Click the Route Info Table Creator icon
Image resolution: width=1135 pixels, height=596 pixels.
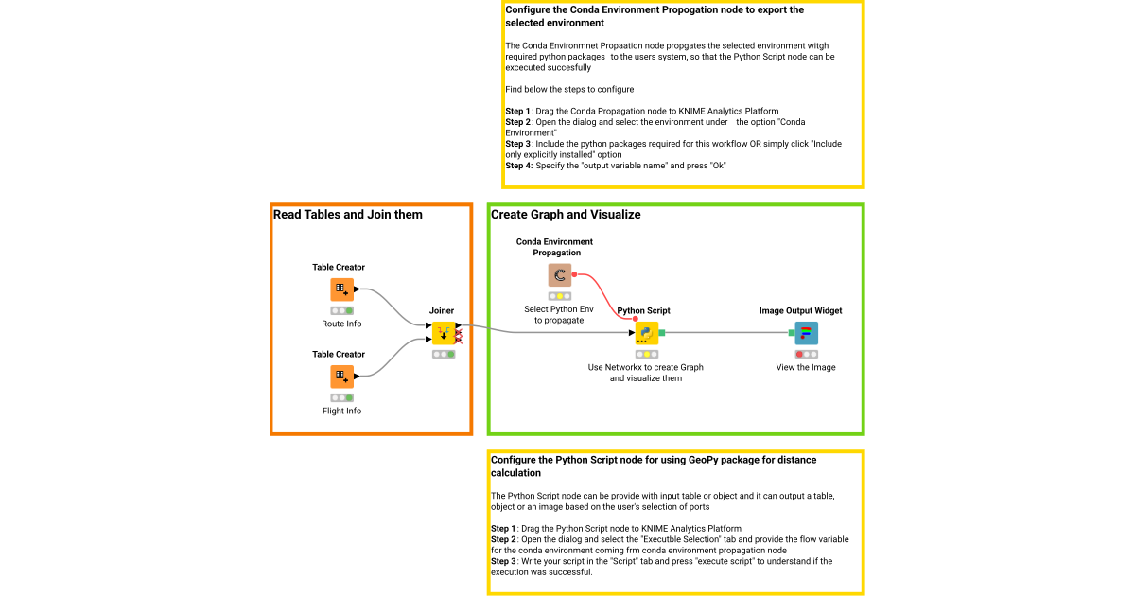click(x=341, y=289)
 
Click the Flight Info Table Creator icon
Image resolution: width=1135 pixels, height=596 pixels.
click(x=341, y=377)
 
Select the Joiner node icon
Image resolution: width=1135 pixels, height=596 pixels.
click(x=444, y=333)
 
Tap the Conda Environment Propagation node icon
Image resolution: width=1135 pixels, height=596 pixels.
click(x=560, y=275)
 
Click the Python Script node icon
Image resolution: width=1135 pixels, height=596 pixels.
click(x=647, y=333)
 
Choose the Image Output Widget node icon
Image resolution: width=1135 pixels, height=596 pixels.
click(x=806, y=333)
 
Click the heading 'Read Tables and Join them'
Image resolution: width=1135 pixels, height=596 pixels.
click(x=348, y=215)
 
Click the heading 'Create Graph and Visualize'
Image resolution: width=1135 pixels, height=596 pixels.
click(x=566, y=215)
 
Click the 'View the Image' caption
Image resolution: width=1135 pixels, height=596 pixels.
click(x=806, y=367)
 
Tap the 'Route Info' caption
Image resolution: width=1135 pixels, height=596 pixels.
click(x=341, y=324)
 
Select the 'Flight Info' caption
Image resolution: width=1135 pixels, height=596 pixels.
click(x=341, y=411)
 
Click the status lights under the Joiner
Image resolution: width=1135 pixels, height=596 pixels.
click(x=444, y=354)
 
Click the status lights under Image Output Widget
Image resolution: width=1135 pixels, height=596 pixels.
click(x=806, y=354)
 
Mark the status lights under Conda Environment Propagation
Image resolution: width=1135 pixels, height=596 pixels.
click(x=560, y=296)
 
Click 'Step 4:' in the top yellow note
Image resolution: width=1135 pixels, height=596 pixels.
click(x=519, y=166)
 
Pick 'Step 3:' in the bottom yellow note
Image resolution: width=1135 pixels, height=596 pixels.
click(x=504, y=561)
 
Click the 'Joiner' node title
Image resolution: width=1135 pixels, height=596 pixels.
click(x=442, y=310)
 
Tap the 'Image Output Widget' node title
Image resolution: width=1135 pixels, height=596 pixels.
click(x=800, y=310)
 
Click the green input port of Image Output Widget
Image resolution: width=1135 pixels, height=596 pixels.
click(x=792, y=333)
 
